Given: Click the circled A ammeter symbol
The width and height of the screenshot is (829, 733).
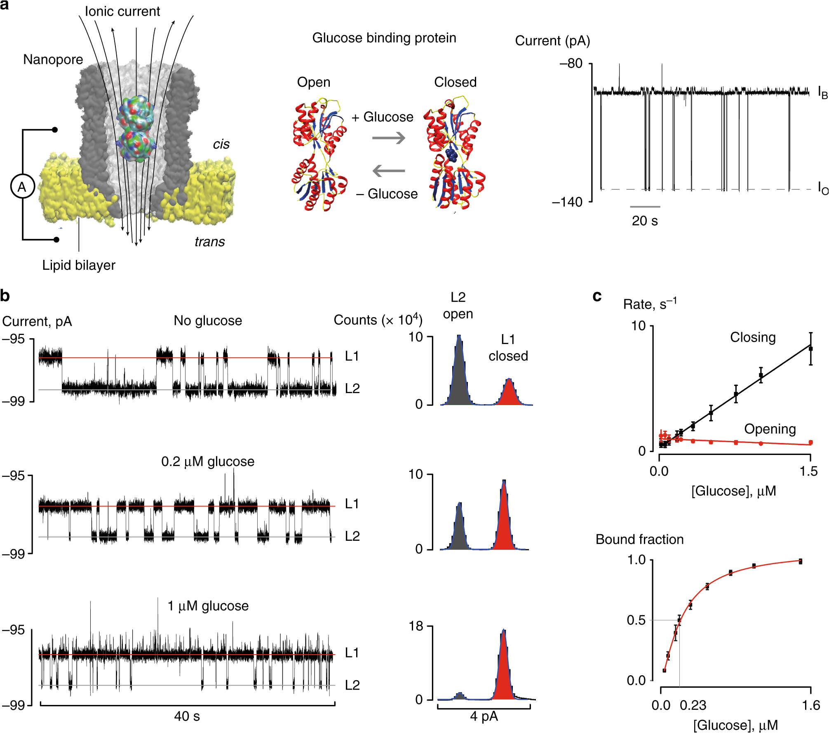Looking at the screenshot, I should [x=22, y=187].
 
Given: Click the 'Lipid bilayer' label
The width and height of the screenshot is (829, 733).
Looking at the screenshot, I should [x=79, y=265].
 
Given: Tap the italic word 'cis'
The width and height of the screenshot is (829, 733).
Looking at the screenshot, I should [x=221, y=144].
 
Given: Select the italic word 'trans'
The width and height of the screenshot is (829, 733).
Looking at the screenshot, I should [x=210, y=242].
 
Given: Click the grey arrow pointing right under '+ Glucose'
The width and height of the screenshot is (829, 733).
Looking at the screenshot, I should [x=389, y=138].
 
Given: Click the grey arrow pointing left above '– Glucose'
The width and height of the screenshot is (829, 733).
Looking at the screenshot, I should [x=389, y=170].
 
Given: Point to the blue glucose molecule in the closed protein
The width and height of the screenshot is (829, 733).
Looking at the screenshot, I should [x=452, y=156].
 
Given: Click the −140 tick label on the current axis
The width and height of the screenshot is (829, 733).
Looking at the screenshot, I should [x=567, y=202].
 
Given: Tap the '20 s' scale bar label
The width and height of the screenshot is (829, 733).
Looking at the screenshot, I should [x=645, y=221].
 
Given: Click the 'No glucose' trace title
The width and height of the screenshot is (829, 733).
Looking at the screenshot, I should [x=208, y=321].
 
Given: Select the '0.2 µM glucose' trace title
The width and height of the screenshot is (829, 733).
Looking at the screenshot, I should [x=208, y=462].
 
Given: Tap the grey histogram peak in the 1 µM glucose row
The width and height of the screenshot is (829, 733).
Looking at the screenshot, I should [x=460, y=696].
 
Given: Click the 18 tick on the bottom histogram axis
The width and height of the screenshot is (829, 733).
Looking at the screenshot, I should [x=416, y=627].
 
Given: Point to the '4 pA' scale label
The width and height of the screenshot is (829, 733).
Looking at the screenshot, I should [x=484, y=717].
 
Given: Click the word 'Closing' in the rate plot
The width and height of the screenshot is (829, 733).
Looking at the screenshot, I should [x=753, y=337].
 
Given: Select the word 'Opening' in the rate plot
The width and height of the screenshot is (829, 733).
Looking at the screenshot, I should [x=770, y=429].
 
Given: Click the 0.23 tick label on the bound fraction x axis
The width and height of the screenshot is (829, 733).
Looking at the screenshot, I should [x=693, y=705].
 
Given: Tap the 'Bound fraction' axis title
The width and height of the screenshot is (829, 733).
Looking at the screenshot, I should [x=639, y=540].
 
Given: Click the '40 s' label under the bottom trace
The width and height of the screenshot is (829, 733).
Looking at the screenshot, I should [x=187, y=716].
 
